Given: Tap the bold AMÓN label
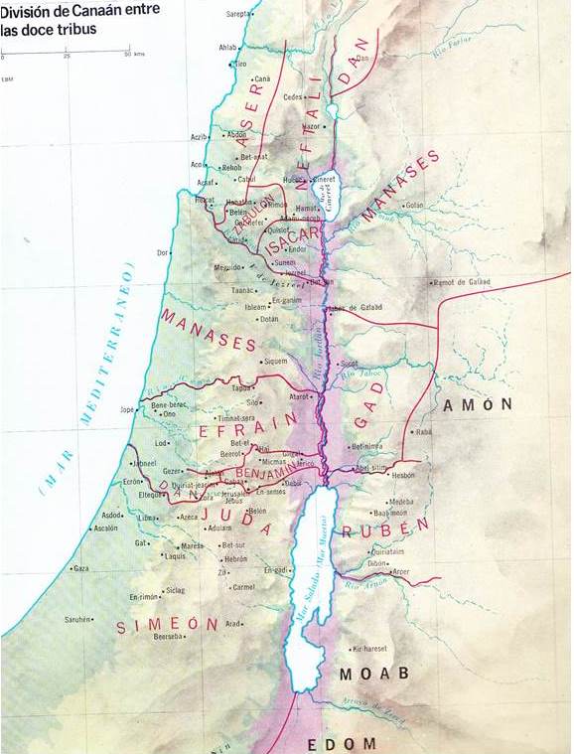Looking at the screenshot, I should (x=478, y=404).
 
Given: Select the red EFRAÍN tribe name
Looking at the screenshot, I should (x=248, y=429).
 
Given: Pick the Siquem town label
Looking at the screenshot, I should (x=274, y=362).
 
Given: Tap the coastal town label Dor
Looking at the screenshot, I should (x=163, y=252).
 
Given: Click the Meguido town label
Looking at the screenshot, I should (x=228, y=267).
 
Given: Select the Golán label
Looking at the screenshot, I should (x=414, y=205).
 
